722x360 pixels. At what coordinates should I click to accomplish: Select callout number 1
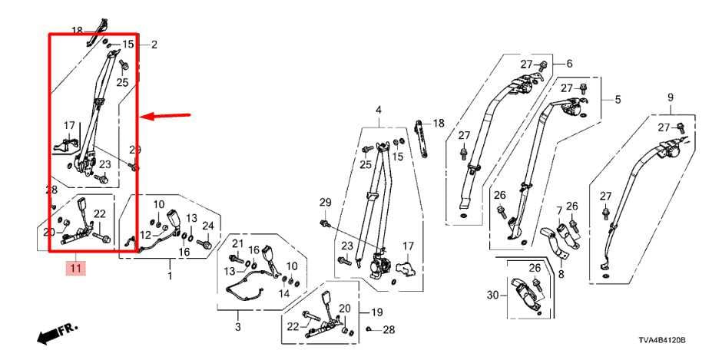click(x=171, y=274)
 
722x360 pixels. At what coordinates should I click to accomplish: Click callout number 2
click(x=154, y=45)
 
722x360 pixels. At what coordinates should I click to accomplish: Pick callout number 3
click(x=237, y=328)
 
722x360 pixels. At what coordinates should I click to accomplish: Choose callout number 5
click(x=617, y=100)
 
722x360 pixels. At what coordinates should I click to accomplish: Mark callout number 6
click(x=569, y=64)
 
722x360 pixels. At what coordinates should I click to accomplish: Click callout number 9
click(x=670, y=97)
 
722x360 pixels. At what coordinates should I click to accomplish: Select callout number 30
click(x=492, y=294)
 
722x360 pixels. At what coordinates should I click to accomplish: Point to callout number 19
click(x=377, y=312)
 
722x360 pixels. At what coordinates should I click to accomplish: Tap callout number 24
click(x=207, y=226)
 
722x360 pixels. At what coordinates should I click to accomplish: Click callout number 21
click(x=237, y=244)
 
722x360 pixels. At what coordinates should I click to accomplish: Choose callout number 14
click(x=284, y=293)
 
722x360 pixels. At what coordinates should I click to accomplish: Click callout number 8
click(x=561, y=273)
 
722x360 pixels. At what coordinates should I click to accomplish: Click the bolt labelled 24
click(x=206, y=244)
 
